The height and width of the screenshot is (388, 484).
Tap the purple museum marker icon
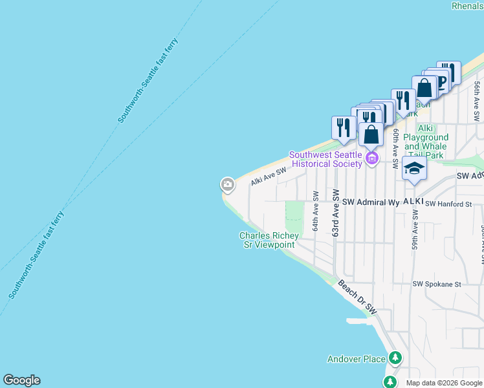371,158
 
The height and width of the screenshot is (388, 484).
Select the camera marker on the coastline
227,185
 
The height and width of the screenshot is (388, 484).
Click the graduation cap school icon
414,169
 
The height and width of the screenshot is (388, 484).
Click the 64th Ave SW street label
316,211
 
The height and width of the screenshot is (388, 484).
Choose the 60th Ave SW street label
395,145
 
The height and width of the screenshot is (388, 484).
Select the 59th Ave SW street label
415,246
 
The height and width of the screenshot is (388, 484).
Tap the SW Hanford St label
454,204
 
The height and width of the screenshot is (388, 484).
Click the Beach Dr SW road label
357,298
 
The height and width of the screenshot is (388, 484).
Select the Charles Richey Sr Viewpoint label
267,241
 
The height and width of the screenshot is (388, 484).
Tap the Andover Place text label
355,359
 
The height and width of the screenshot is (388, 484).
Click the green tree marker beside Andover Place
395,358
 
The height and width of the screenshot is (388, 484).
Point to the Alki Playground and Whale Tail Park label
426,146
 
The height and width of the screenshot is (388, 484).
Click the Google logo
21,380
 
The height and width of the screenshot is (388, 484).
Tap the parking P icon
441,81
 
